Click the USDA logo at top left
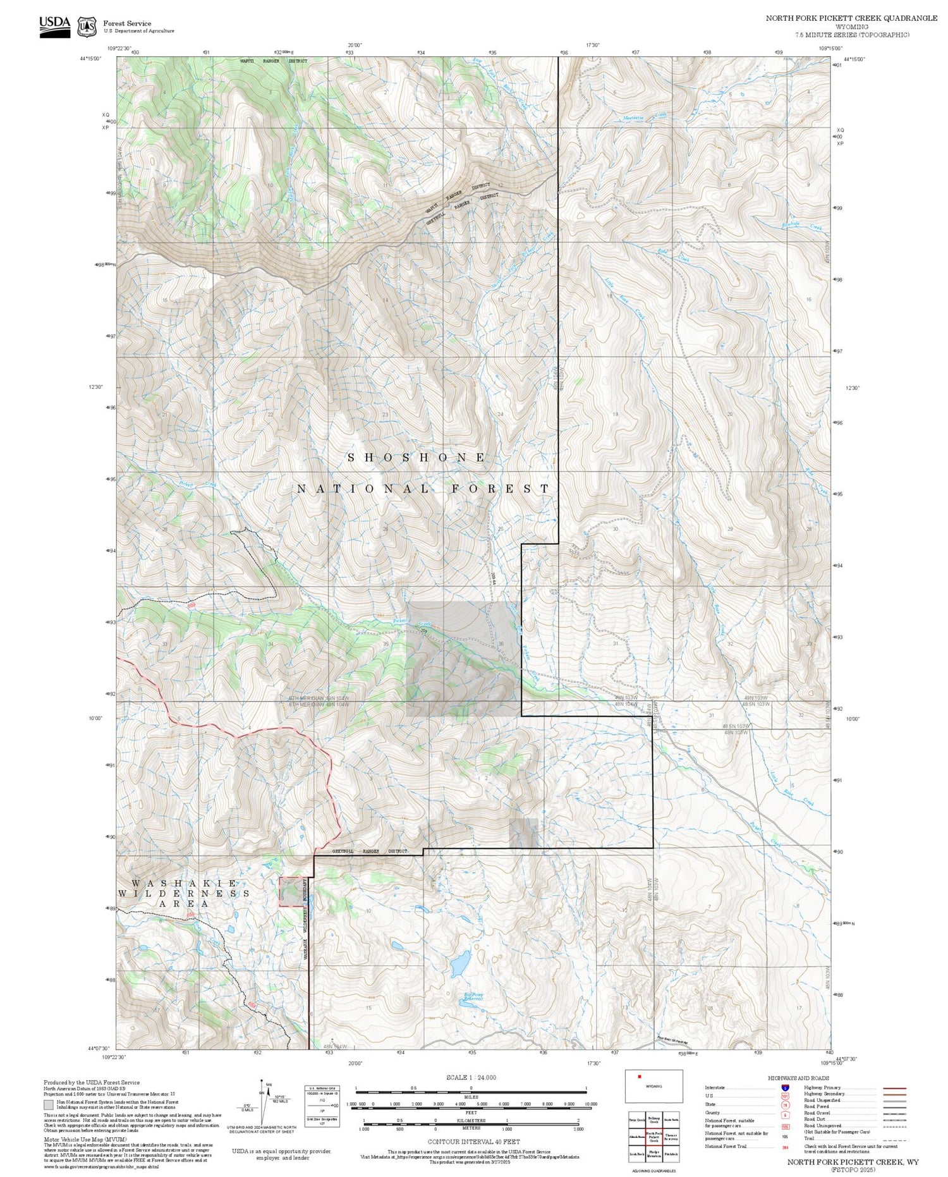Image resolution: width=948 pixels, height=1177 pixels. pyautogui.click(x=55, y=26)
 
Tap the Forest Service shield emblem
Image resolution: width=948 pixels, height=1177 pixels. pyautogui.click(x=87, y=27)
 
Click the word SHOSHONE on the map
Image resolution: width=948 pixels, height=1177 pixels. pyautogui.click(x=417, y=457)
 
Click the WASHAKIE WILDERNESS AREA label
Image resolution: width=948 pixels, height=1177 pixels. pyautogui.click(x=184, y=893)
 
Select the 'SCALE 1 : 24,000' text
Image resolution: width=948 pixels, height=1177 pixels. pyautogui.click(x=471, y=1077)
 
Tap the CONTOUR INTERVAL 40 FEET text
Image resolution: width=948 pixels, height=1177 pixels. pyautogui.click(x=473, y=1142)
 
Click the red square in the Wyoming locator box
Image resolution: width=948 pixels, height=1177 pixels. pyautogui.click(x=640, y=1076)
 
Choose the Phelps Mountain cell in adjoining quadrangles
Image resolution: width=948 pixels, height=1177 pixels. pyautogui.click(x=654, y=1154)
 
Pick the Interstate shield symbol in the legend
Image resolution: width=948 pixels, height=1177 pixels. pyautogui.click(x=785, y=1087)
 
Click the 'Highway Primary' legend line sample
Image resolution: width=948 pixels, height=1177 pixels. pyautogui.click(x=893, y=1089)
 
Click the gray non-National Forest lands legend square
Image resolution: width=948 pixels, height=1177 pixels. pyautogui.click(x=48, y=1105)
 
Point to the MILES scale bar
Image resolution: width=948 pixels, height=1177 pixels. pyautogui.click(x=471, y=1089)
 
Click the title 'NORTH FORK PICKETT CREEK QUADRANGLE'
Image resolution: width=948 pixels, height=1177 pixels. pyautogui.click(x=851, y=18)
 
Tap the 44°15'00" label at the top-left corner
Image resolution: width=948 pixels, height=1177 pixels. pyautogui.click(x=91, y=59)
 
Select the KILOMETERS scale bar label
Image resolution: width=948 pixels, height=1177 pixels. pyautogui.click(x=471, y=1120)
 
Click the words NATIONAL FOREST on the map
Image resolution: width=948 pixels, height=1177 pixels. pyautogui.click(x=423, y=489)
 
